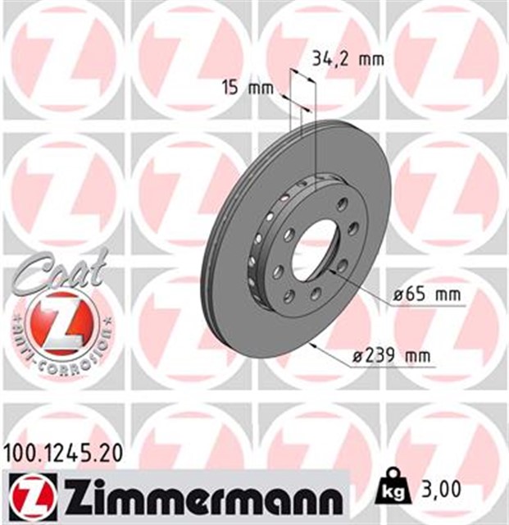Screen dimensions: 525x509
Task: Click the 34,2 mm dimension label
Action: point(348,58)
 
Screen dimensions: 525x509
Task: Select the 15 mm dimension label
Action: point(247,88)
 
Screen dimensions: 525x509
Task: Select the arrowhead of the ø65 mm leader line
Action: point(332,267)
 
